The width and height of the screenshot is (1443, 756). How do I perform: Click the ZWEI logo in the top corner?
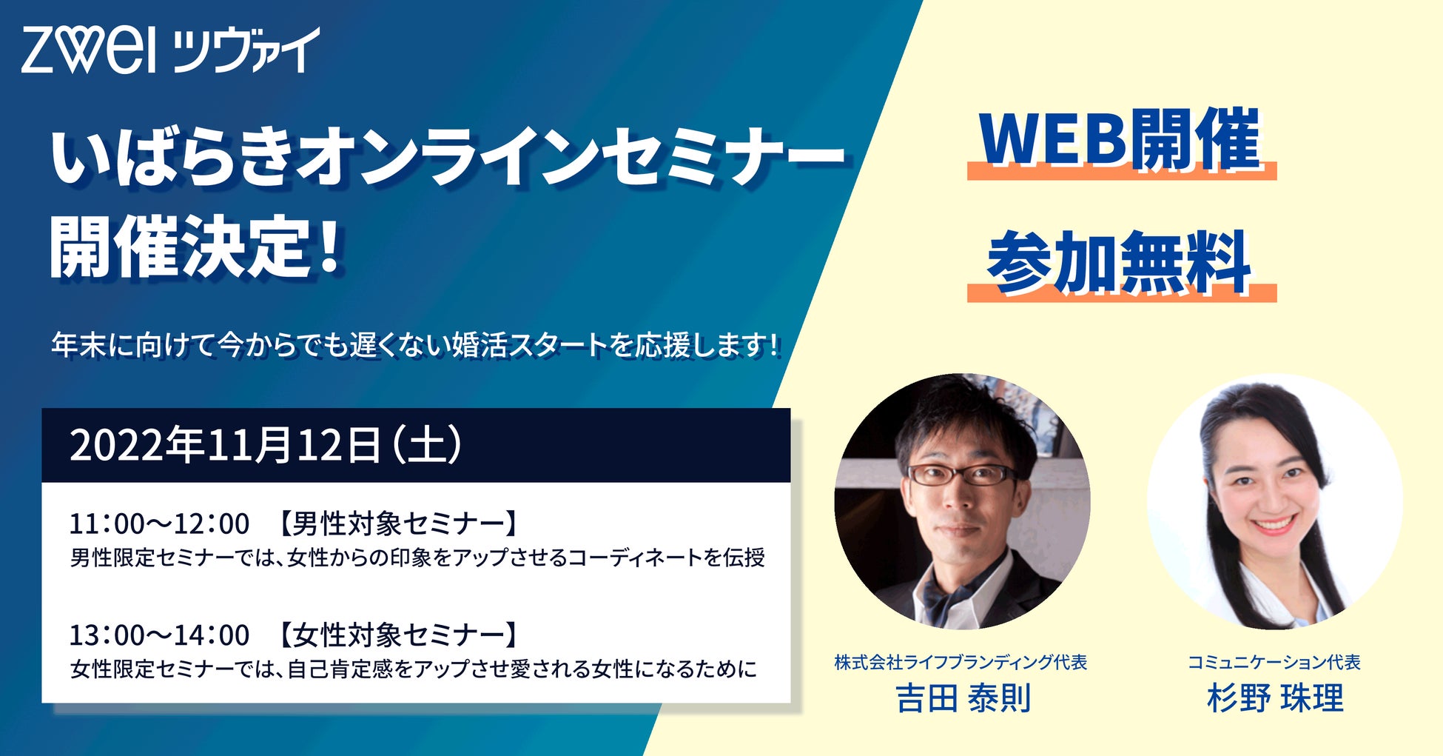[89, 50]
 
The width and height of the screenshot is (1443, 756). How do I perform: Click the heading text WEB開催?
[1120, 138]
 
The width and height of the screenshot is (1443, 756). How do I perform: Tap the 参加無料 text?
[1120, 263]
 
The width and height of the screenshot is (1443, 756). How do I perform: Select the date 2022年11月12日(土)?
[266, 446]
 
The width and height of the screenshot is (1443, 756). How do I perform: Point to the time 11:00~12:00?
[160, 523]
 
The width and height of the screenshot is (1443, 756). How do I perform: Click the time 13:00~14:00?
[160, 635]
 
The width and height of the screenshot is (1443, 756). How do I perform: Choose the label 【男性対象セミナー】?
[397, 523]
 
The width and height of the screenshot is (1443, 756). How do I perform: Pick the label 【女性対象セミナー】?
[397, 635]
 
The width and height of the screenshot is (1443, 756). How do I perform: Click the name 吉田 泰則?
[963, 698]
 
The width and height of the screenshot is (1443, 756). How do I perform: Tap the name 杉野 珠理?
[1275, 698]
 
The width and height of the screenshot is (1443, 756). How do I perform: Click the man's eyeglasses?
[962, 475]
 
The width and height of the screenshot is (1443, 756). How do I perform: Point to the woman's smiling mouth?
[1274, 524]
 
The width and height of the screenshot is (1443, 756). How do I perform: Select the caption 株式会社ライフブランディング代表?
[961, 662]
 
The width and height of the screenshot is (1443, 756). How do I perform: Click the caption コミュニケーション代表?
[1274, 662]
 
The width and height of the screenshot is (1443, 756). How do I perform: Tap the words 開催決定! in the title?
[195, 247]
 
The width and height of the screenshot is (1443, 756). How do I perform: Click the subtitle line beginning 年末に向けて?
[415, 345]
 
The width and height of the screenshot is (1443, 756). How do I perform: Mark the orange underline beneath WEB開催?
[1122, 173]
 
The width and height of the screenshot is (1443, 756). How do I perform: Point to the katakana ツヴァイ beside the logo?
[246, 50]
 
